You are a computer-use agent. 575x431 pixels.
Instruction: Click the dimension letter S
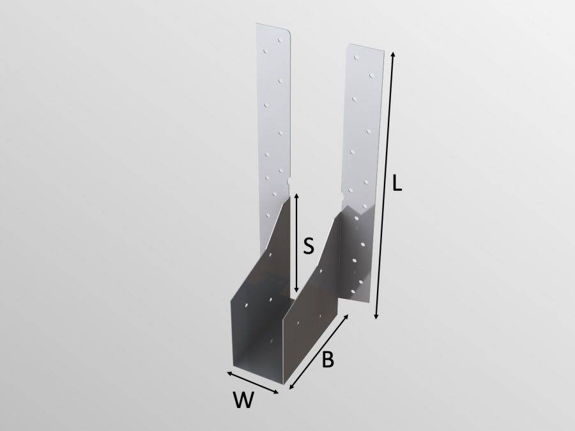coord(308,246)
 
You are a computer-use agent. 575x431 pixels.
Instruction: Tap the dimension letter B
coord(327,360)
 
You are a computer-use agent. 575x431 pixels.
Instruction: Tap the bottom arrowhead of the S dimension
coord(296,293)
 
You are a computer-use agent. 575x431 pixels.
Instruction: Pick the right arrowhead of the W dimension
coord(279,393)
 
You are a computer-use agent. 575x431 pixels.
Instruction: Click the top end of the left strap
coord(274,27)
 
